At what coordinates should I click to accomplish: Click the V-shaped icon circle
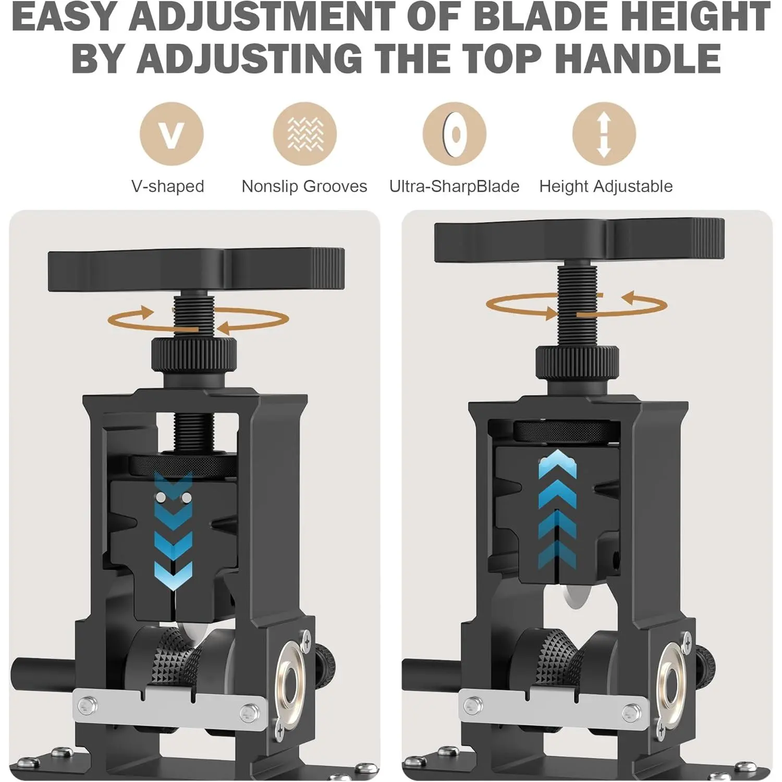(172, 134)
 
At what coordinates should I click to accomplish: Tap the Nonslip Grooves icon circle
(305, 134)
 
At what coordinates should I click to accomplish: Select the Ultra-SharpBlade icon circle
(454, 134)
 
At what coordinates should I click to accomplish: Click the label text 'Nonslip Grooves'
(304, 186)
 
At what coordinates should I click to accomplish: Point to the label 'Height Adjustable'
(606, 186)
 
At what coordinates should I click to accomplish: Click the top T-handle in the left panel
(196, 270)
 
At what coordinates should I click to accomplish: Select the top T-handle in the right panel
(579, 240)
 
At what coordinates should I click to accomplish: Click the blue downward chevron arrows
(173, 531)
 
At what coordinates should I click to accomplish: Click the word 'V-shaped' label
(167, 186)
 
